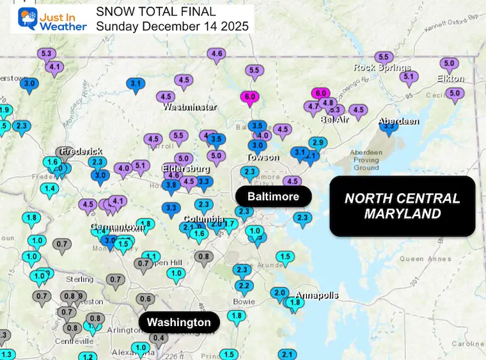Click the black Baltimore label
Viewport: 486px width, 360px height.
coord(273,196)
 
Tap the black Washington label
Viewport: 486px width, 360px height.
coord(179,322)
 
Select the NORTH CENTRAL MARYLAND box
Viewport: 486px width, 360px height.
coord(402,206)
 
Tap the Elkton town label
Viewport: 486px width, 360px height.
coord(450,79)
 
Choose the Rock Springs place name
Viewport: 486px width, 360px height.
coord(382,68)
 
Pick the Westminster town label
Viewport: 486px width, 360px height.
coord(189,107)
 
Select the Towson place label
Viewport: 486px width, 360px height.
coord(263,157)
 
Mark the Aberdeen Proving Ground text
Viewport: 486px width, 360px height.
coord(366,160)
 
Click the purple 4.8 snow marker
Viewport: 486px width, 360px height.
coord(328,102)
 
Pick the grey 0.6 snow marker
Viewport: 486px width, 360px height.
coord(146,299)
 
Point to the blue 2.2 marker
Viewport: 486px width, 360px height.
coord(243,285)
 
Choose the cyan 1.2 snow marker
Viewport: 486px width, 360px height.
coord(88,356)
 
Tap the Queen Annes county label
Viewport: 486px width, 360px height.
coord(421,259)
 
